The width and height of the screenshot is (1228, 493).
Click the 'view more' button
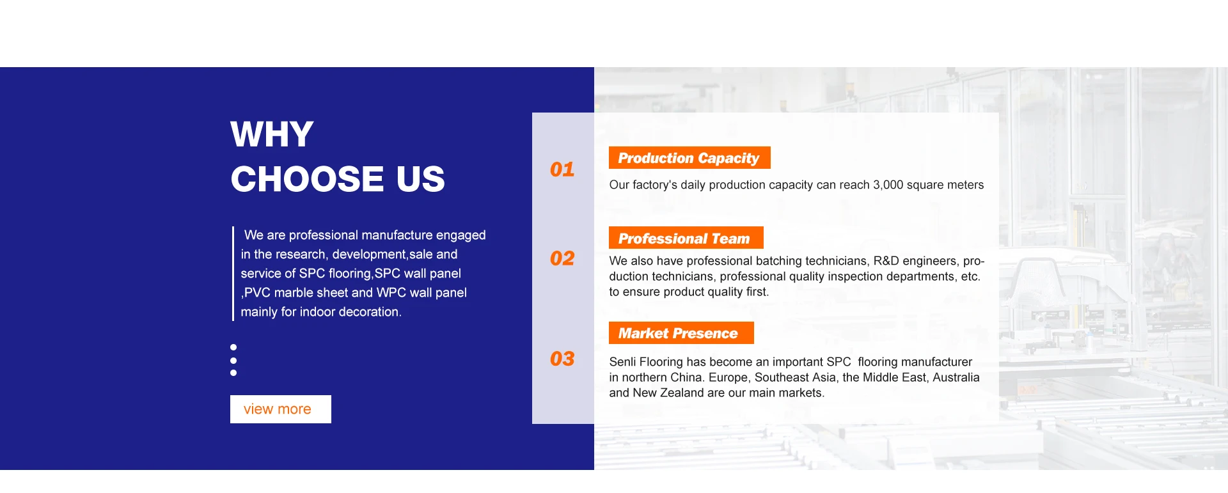281,409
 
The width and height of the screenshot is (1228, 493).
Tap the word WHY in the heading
272,134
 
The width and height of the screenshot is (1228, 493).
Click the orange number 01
562,169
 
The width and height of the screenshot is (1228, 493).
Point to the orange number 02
562,258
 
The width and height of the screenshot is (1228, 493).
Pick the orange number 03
562,359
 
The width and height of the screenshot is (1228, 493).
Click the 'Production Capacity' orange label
689,158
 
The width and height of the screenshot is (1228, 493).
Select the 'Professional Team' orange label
686,238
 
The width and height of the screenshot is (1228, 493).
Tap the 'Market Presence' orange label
681,333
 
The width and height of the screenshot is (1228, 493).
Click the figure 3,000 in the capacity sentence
888,185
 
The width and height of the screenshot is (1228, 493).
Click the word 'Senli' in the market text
623,362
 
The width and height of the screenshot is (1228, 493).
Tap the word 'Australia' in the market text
956,377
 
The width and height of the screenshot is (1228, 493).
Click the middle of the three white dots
233,361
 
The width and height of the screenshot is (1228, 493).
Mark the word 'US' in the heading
420,179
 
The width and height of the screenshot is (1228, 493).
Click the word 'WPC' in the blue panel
391,293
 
